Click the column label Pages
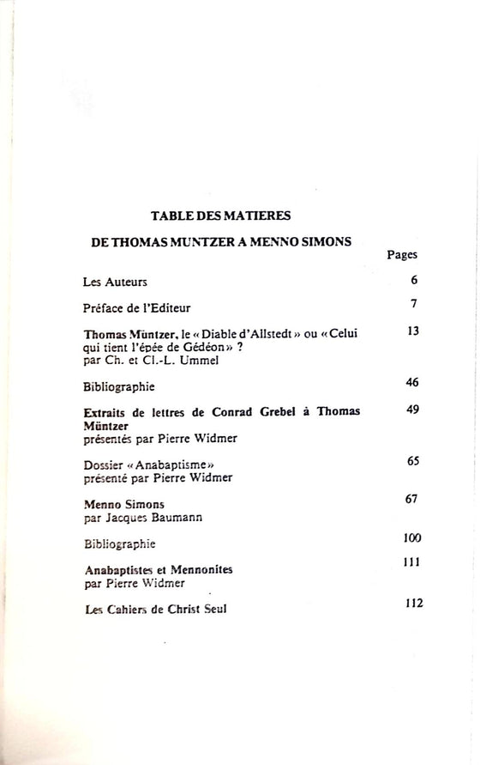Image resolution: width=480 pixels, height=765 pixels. pyautogui.click(x=402, y=255)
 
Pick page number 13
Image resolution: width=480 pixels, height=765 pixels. pyautogui.click(x=412, y=331)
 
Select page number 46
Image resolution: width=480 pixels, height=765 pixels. pyautogui.click(x=411, y=382)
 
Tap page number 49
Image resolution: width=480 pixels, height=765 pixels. pyautogui.click(x=411, y=410)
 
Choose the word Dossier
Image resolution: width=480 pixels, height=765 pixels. pyautogui.click(x=105, y=464)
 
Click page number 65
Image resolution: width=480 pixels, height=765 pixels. pyautogui.click(x=411, y=461)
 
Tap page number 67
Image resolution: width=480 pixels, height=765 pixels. pyautogui.click(x=411, y=499)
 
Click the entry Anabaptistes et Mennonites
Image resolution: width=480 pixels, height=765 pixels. pyautogui.click(x=159, y=570)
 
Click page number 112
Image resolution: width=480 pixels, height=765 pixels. pyautogui.click(x=414, y=603)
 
